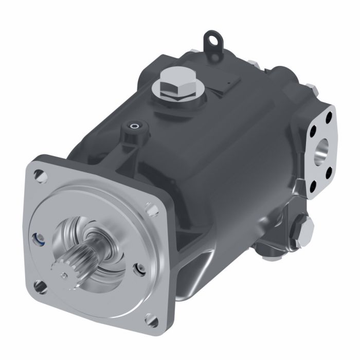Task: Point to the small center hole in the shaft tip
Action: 63,276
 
